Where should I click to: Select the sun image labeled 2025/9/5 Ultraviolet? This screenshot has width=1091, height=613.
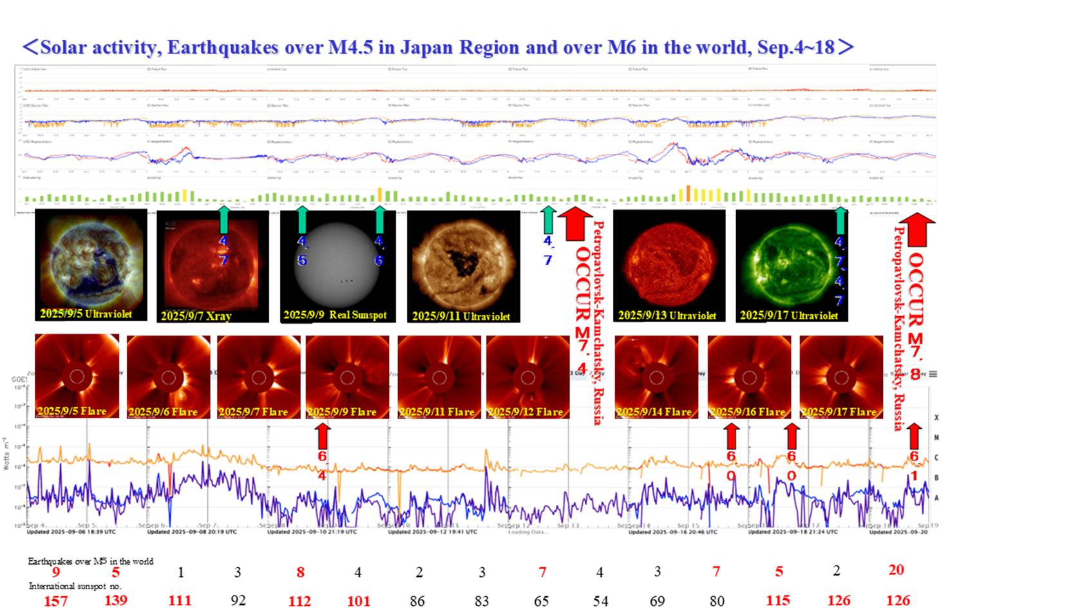tap(91, 265)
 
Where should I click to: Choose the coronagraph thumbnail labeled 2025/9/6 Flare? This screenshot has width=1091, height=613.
tap(168, 377)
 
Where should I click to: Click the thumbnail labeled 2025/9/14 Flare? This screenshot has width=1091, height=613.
tap(656, 377)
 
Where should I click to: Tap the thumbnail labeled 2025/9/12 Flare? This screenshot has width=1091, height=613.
tap(527, 377)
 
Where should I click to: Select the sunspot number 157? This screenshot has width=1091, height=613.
tap(55, 601)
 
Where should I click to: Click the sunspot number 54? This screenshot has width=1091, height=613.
tap(600, 601)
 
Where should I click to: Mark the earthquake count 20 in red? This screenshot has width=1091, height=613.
tap(896, 570)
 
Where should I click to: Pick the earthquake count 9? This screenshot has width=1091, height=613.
tap(56, 572)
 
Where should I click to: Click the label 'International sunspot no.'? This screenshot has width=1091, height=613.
tap(75, 586)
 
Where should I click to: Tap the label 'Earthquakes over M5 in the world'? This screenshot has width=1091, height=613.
tap(90, 561)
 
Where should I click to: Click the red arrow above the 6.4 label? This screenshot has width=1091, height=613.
tap(323, 436)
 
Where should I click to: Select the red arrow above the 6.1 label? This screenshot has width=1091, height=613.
tap(914, 436)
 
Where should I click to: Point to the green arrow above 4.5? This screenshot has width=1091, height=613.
tap(302, 219)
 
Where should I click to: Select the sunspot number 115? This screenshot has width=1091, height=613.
tap(778, 601)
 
